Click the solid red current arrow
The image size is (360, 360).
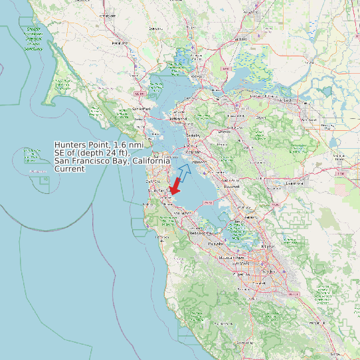[x=175, y=186]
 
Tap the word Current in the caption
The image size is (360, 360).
[x=70, y=169]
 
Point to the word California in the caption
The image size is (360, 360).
[x=154, y=161]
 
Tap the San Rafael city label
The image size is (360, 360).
[x=141, y=108]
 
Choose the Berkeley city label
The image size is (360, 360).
[x=193, y=135]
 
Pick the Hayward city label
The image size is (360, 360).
[x=230, y=187]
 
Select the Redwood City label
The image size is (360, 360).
[x=200, y=233]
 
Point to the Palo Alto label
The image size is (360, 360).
[x=215, y=244]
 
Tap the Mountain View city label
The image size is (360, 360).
[x=232, y=257]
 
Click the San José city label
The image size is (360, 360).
[x=269, y=272]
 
